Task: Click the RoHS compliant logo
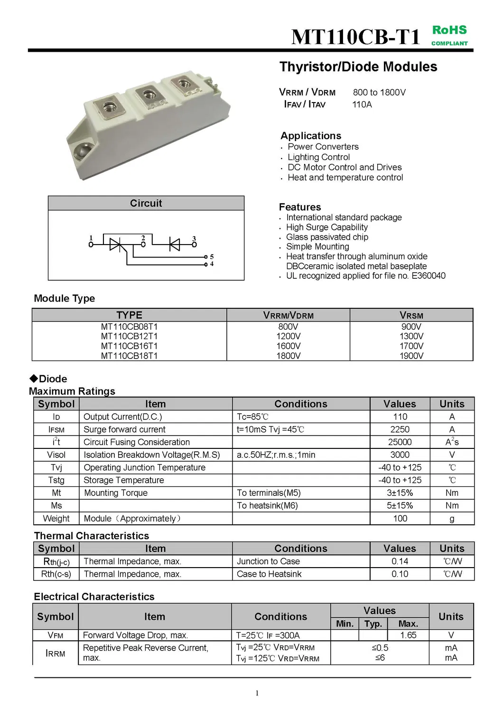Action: click(449, 35)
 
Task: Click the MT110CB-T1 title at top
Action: click(355, 37)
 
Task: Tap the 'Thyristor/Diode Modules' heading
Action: click(358, 66)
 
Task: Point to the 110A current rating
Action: click(362, 104)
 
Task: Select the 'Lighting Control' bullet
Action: click(318, 157)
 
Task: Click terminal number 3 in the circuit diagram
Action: click(194, 239)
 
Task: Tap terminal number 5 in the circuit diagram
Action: click(212, 256)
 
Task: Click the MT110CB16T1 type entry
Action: click(129, 346)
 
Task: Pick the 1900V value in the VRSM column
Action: click(411, 356)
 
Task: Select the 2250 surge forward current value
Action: click(400, 429)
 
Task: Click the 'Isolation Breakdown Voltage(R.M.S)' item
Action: click(152, 455)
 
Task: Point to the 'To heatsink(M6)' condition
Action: click(267, 505)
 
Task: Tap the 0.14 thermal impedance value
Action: click(400, 561)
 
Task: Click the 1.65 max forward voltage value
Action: click(408, 635)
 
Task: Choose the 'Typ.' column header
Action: click(373, 624)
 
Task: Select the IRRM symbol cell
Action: click(56, 653)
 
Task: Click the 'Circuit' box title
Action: click(146, 203)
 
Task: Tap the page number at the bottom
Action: click(257, 693)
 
